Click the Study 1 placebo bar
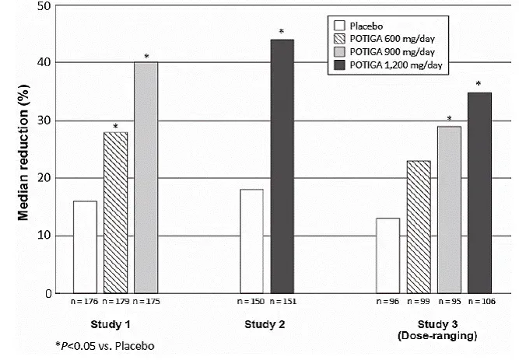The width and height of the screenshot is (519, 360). click(85, 246)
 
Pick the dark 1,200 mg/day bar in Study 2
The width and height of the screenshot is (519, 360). click(282, 166)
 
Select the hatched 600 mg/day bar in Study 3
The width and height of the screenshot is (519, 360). click(418, 226)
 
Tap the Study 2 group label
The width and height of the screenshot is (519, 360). click(267, 323)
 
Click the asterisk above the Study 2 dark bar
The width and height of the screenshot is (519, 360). click(282, 32)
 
